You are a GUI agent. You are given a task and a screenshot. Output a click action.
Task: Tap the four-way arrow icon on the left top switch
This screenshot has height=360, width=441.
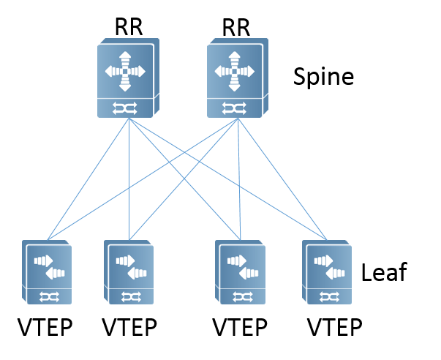[125, 71]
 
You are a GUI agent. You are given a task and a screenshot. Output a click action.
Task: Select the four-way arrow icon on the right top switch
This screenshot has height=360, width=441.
[234, 71]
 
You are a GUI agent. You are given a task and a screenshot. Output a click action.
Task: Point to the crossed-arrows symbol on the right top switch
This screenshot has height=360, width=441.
[233, 108]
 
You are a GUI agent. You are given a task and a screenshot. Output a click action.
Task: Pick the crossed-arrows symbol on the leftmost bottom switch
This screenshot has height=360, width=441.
[49, 296]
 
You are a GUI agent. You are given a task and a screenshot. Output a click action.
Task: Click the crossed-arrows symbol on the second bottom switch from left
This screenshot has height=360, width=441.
[131, 296]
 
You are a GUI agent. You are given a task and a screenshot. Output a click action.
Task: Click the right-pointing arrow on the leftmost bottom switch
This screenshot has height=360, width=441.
[43, 260]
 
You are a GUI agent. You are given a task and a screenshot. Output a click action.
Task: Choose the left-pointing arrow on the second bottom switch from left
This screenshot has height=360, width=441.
[137, 273]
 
